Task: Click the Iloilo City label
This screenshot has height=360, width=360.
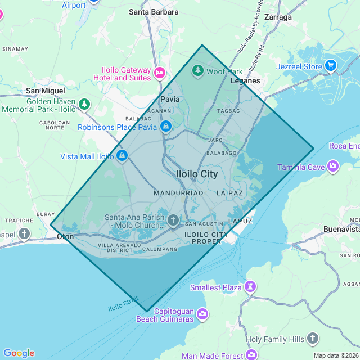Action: (x=197, y=174)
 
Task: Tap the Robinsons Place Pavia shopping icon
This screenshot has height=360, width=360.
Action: (x=166, y=127)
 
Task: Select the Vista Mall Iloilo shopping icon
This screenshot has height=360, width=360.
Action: (x=122, y=155)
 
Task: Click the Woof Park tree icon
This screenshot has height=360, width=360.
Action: (x=197, y=71)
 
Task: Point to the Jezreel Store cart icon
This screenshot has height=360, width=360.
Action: (x=330, y=66)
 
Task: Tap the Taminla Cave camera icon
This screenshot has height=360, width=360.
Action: (x=333, y=166)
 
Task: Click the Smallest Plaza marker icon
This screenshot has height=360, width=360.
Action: (x=250, y=287)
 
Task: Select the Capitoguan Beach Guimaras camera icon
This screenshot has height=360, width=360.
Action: (x=202, y=314)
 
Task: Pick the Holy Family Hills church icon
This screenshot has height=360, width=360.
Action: (x=313, y=339)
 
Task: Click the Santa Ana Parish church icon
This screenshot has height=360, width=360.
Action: (x=173, y=219)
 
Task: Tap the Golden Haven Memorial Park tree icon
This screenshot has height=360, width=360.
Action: (x=84, y=104)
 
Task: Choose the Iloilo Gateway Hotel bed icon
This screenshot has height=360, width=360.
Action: (x=160, y=73)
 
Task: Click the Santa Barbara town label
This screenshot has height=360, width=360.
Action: (x=154, y=12)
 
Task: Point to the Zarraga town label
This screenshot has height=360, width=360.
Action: (x=278, y=17)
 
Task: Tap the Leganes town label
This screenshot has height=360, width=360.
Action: (x=246, y=81)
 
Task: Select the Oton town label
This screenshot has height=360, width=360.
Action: (x=65, y=237)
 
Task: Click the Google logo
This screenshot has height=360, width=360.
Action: (x=19, y=353)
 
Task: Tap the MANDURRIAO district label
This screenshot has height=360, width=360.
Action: (x=178, y=193)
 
